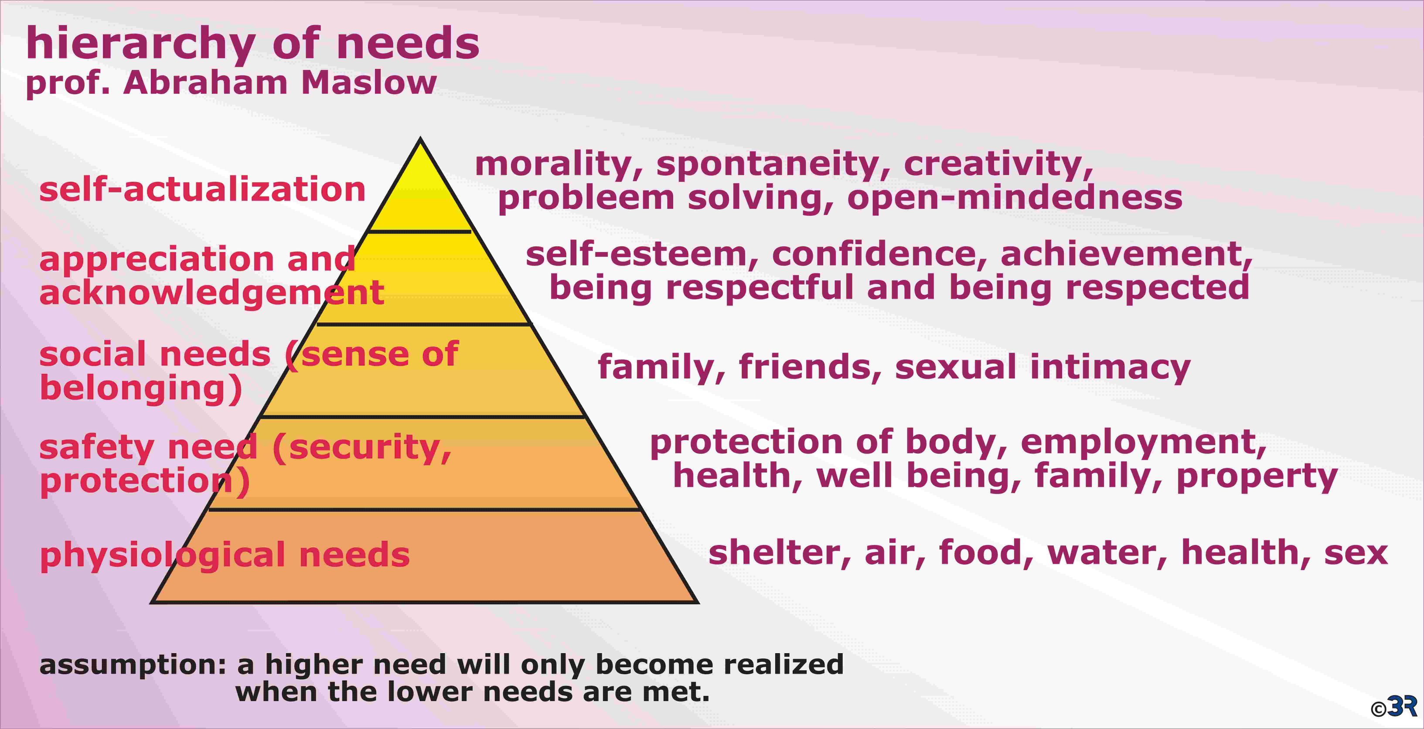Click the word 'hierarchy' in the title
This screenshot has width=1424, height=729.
coord(140,44)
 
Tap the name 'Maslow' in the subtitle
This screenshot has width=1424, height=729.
coord(369,83)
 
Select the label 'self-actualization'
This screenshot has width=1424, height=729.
coord(202,189)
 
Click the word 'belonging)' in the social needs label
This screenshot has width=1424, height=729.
coord(141,389)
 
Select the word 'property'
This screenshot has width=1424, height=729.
coord(1257,477)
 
